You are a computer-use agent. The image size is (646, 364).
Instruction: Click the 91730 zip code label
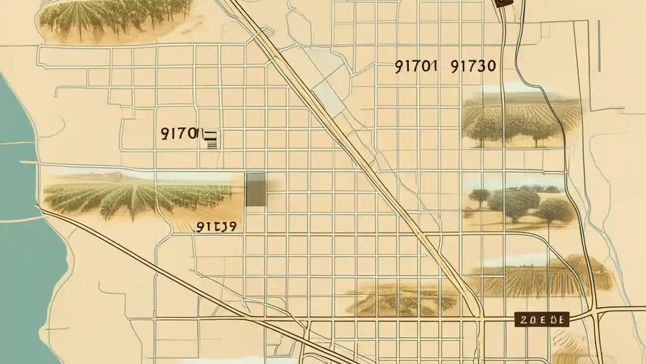coord(473,67)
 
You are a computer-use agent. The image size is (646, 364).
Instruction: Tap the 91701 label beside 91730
coord(415,67)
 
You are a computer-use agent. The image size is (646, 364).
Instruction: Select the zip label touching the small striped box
coord(180,133)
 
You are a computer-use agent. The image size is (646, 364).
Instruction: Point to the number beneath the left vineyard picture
coord(216,227)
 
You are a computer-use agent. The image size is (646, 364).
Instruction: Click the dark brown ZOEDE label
coord(542,319)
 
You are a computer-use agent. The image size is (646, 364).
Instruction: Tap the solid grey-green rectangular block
coord(255,189)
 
